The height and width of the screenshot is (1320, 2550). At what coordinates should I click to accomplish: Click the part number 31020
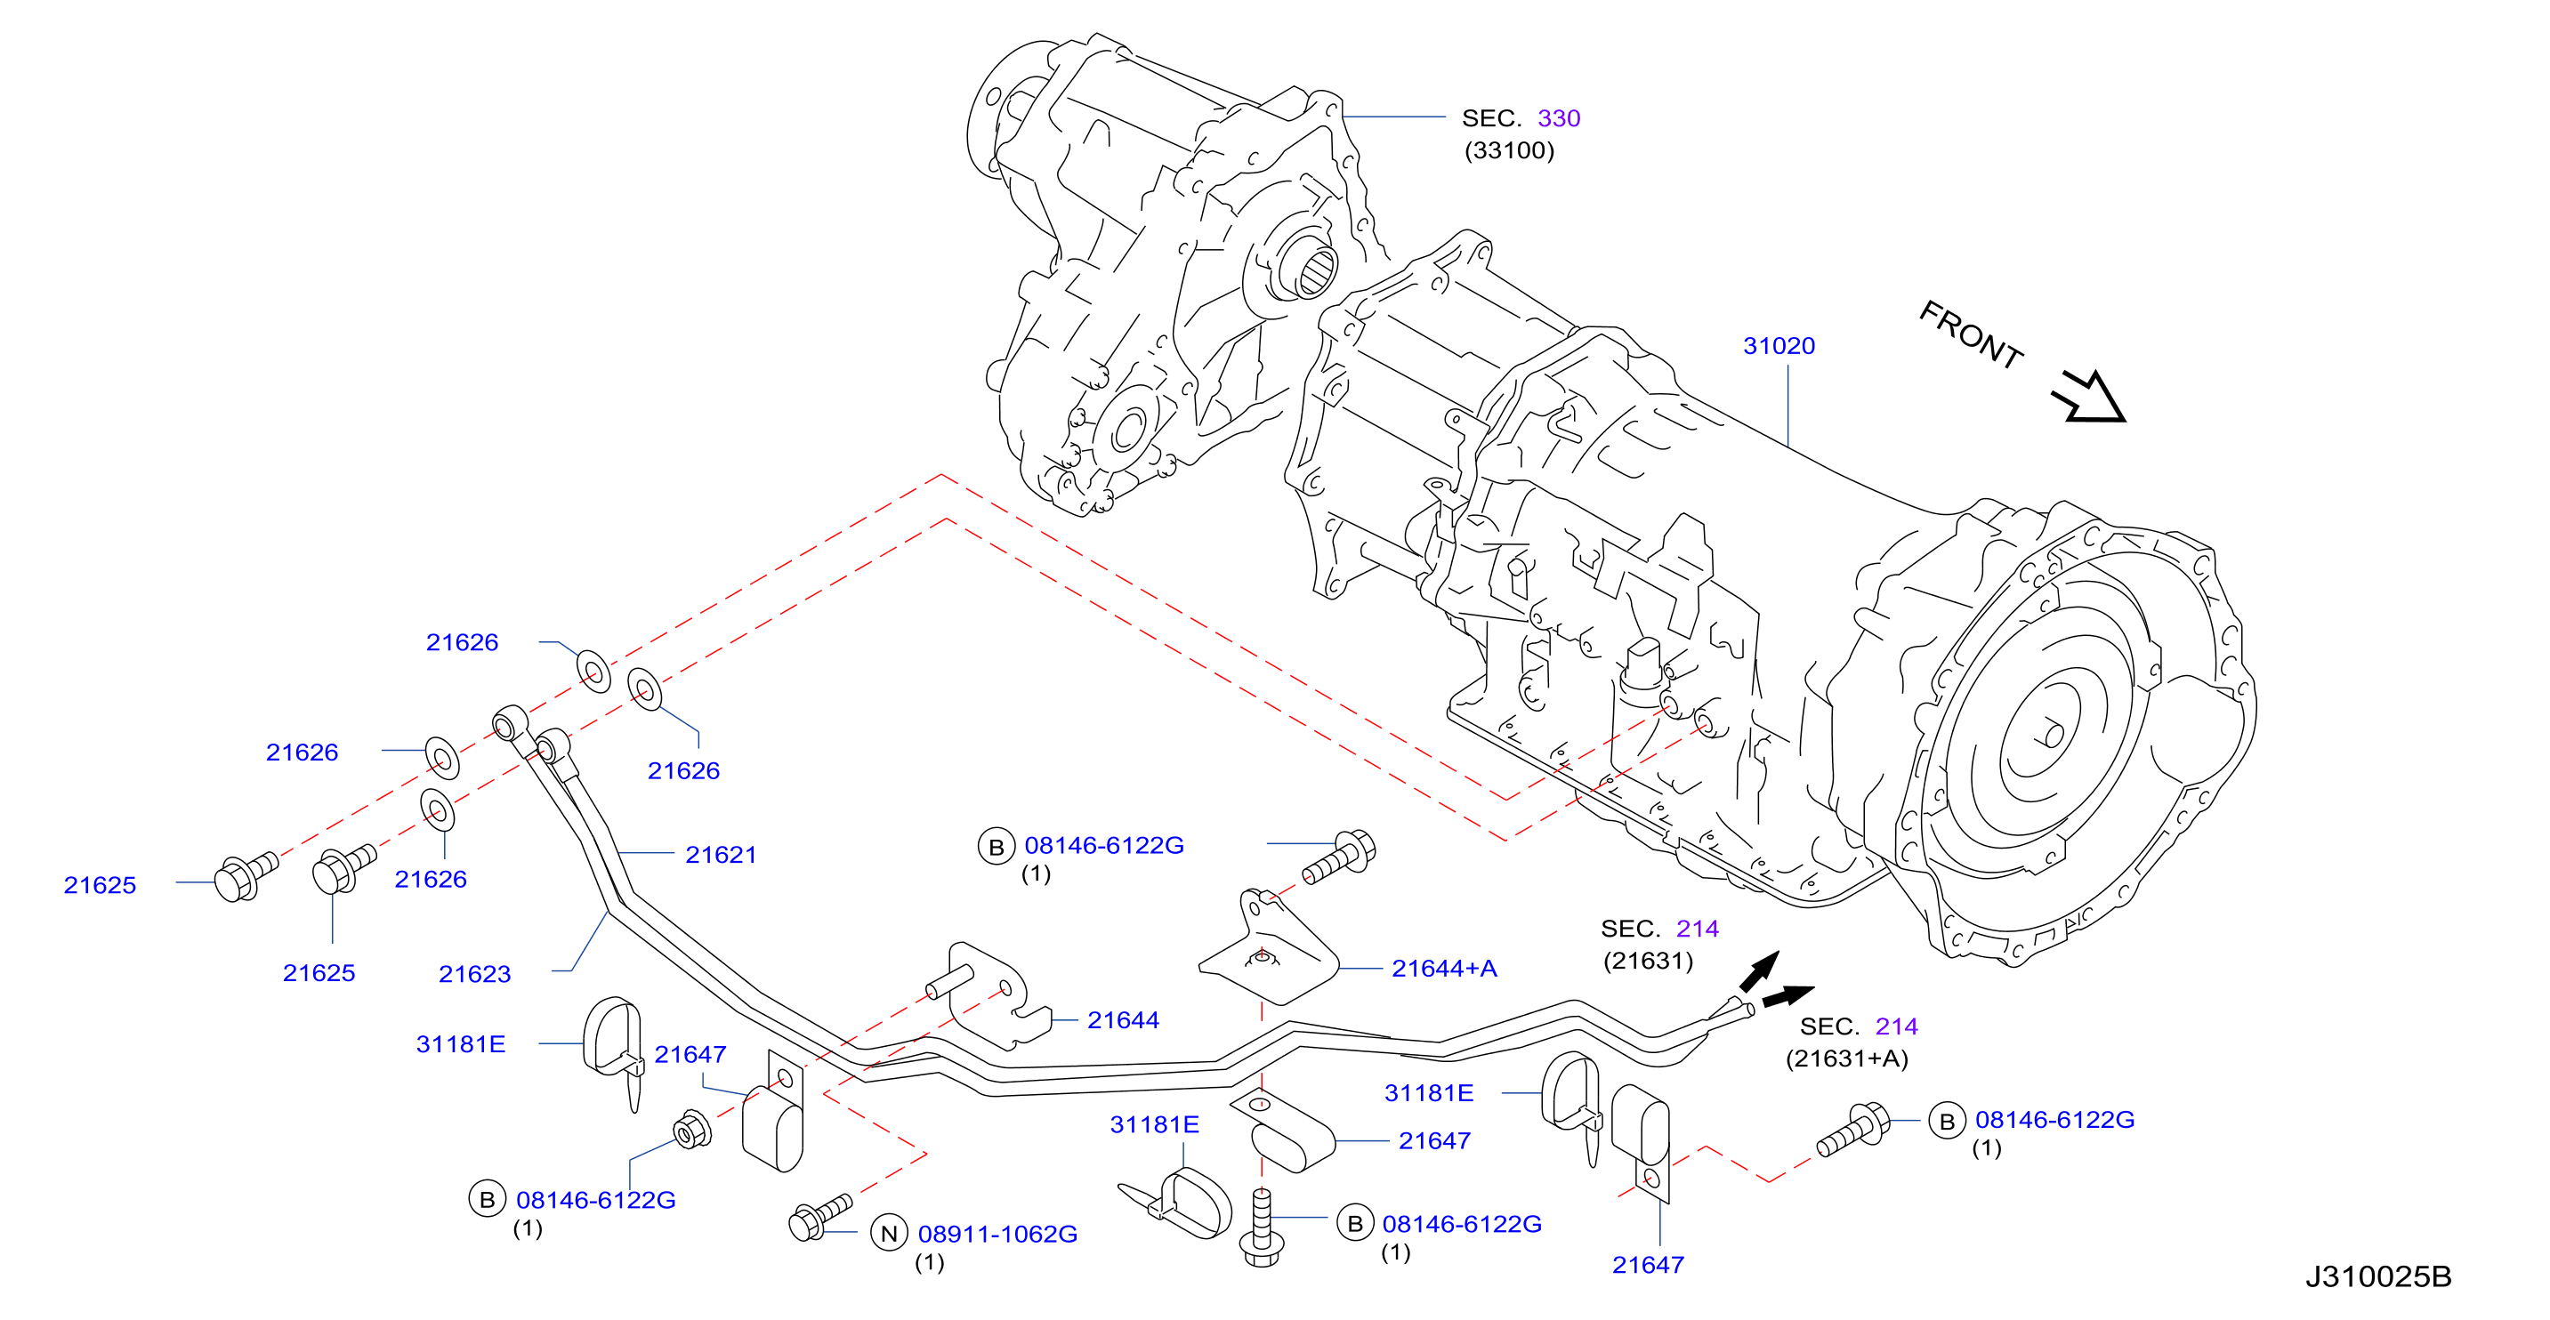coord(1778,346)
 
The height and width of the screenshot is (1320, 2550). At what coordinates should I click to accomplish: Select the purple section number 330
coord(1558,118)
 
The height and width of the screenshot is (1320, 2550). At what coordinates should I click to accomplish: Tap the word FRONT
coord(1970,335)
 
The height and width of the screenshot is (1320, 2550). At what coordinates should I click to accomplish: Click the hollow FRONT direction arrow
coord(2090,398)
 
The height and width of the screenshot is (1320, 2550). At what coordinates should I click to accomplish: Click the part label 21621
coord(721,855)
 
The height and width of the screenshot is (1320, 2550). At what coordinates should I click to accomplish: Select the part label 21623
coord(474,974)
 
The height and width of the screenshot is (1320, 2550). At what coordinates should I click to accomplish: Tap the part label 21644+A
coord(1443,969)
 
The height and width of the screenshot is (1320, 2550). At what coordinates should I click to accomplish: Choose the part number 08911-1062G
coord(997,1234)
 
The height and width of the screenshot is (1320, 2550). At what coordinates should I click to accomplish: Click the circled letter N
coord(889,1234)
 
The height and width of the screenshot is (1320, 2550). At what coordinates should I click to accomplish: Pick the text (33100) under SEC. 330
coord(1510,150)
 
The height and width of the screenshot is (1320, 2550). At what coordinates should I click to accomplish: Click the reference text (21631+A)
coord(1846,1058)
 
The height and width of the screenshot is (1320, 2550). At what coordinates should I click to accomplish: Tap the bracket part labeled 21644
coord(990,994)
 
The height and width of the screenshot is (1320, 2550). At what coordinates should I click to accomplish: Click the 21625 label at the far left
coord(100,886)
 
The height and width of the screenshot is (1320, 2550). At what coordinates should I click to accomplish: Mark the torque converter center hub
coord(2053,736)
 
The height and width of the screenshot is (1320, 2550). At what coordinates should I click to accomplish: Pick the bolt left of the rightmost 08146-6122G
coord(1852,1130)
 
